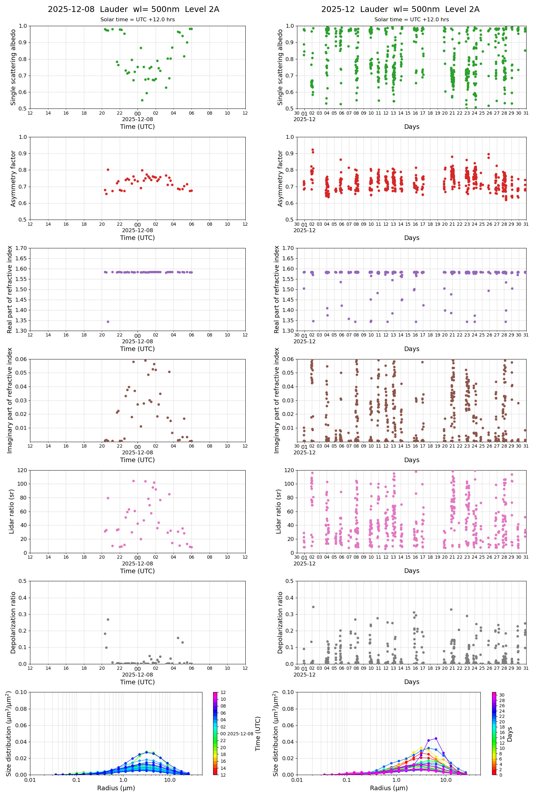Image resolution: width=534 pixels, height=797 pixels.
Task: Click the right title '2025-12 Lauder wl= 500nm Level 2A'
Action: coord(400,10)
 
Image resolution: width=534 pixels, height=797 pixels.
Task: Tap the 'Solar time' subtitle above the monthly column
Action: coord(411,20)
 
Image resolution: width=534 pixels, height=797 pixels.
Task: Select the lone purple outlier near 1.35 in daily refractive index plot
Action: coord(108,322)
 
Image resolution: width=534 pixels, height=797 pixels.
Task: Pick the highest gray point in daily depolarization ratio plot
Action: coord(108,620)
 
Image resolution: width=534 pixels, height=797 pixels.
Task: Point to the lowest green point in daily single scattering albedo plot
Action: coord(142,100)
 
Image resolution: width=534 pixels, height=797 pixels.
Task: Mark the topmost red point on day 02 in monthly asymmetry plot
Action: coord(313,150)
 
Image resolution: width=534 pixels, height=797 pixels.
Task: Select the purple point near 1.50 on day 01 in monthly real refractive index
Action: coord(304,288)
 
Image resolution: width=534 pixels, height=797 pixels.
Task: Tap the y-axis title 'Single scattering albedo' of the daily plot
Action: coord(13,67)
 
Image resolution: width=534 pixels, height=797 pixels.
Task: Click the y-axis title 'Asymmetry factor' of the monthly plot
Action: coord(280,179)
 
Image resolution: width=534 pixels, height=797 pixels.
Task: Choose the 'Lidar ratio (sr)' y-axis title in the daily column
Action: coord(12,511)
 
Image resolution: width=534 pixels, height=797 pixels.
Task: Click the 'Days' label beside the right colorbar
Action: coord(509,734)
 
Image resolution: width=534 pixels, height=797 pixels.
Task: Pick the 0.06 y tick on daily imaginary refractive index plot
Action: coord(22,359)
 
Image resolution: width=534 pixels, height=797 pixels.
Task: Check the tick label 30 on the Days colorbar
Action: coord(502,695)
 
